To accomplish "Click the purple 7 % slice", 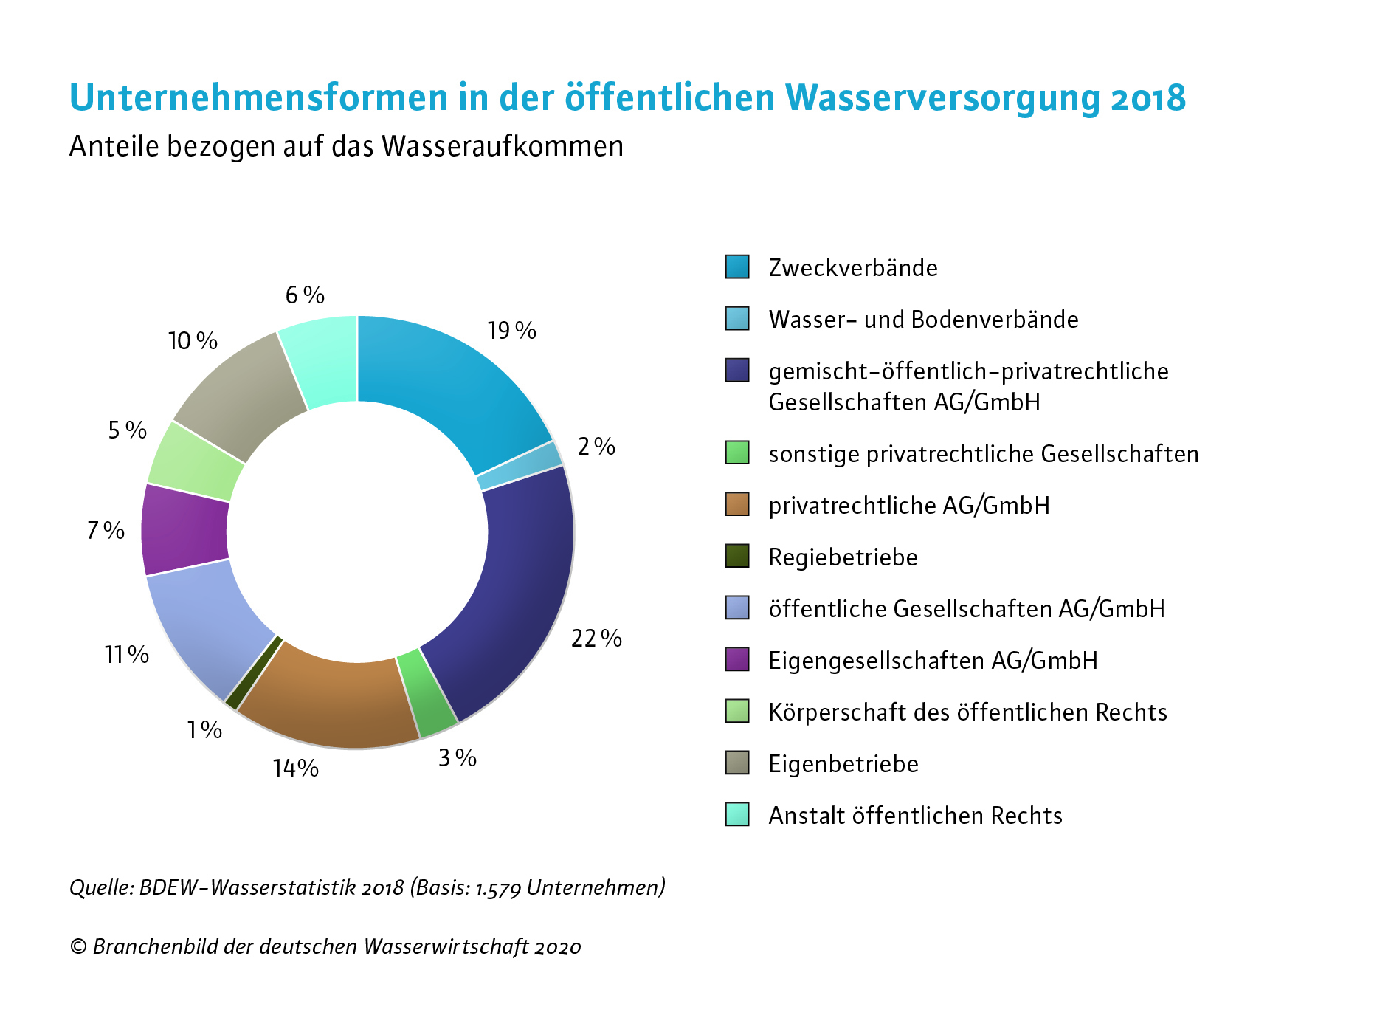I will point(184,530).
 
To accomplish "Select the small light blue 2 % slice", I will point(521,466).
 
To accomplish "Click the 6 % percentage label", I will point(305,295).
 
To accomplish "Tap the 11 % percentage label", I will point(127,654).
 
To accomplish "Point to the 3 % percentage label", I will point(458,758).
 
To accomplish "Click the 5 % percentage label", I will point(128,430).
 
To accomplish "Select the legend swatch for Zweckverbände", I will point(737,267).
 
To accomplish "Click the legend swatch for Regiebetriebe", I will point(737,556).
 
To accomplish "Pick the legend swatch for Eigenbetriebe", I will point(737,763).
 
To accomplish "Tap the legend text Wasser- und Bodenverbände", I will point(923,320).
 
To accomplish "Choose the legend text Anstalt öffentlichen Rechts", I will point(915,816).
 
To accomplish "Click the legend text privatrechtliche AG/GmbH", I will point(908,506).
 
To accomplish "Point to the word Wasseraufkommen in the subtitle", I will point(503,147).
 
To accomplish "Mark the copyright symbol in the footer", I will point(78,947).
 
